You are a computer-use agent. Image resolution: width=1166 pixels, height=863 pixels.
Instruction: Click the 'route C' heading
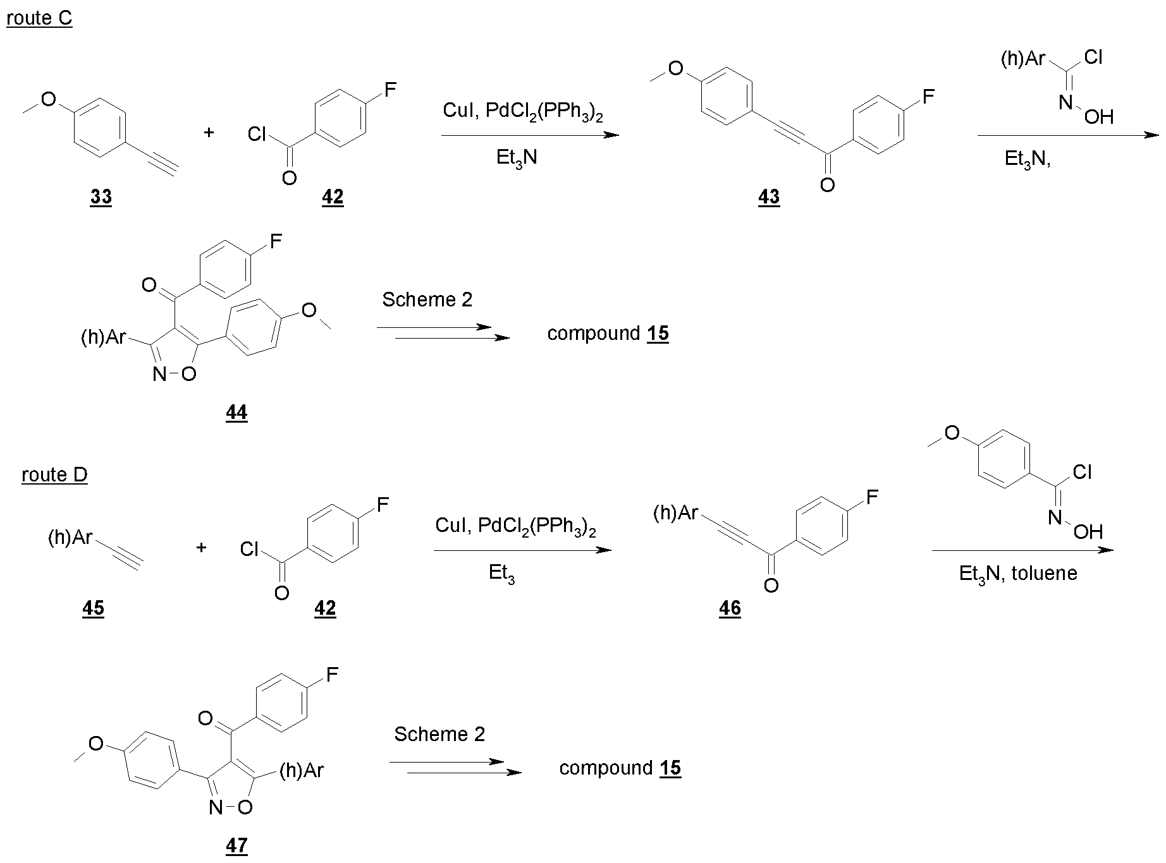coord(39,18)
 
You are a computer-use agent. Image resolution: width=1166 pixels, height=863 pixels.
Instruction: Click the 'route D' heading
coord(54,474)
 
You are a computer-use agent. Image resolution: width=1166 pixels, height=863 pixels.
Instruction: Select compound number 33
coord(101,197)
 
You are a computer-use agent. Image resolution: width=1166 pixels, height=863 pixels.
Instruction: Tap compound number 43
coord(769,197)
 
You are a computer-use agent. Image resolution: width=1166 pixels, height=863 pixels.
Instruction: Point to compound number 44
coord(236,413)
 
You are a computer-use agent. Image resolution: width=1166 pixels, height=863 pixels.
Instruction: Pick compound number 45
coord(94,608)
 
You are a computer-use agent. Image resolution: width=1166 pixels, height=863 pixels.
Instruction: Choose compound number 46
coord(730,608)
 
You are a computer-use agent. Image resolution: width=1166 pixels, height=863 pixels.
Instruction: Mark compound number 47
coord(236,845)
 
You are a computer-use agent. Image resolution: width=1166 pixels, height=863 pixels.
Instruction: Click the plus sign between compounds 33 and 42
coord(209,133)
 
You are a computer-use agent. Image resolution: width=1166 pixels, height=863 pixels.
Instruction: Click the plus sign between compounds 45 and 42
coord(201,547)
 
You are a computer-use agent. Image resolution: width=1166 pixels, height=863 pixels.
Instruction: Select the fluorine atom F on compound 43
coord(928,97)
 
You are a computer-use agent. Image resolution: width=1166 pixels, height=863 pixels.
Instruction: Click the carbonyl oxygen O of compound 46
coord(771,586)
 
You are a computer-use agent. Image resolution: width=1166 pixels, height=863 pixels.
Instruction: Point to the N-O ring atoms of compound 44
coord(175,375)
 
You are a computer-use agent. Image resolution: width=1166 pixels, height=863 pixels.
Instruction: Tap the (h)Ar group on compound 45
coord(70,538)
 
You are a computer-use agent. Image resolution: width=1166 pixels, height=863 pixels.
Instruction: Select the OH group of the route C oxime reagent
coord(1099,117)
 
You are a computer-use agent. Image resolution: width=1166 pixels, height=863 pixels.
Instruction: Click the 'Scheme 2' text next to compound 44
coord(427,299)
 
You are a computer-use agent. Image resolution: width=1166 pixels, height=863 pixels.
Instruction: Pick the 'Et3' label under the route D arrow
coord(501,574)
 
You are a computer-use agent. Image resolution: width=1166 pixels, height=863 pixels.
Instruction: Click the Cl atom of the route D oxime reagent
coord(1083,472)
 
